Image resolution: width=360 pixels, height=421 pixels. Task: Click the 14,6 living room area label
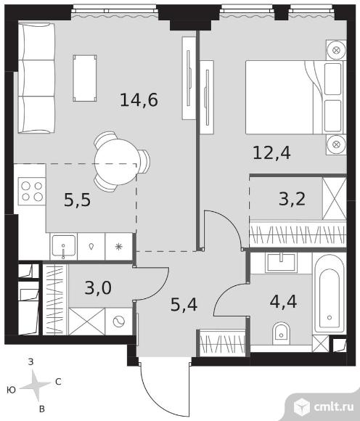click(x=139, y=100)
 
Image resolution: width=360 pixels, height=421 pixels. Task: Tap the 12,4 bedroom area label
click(x=271, y=153)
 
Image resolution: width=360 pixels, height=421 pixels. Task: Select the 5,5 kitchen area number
click(x=78, y=200)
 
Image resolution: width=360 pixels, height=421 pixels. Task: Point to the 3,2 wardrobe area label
click(x=292, y=199)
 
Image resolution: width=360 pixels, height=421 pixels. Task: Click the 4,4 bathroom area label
click(x=283, y=301)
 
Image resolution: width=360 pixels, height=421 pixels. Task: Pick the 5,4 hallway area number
click(x=184, y=305)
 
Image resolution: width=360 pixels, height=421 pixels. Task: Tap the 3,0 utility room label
click(x=98, y=287)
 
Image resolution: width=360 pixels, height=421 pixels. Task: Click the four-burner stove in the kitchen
click(x=32, y=191)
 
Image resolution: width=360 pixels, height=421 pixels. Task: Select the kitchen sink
click(x=64, y=246)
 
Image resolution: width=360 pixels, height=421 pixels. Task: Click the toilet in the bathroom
click(x=281, y=333)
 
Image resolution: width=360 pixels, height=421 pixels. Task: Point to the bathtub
click(x=330, y=293)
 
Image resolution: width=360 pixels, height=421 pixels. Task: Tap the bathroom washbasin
click(x=281, y=262)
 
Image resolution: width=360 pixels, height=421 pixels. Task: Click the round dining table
click(x=116, y=162)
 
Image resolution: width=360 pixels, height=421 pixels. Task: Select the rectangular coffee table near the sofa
click(x=85, y=78)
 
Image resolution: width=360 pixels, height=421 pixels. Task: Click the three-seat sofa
click(x=36, y=78)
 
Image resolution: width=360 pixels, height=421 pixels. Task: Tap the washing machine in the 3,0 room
click(x=119, y=322)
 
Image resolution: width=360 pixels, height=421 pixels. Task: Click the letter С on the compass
click(x=58, y=382)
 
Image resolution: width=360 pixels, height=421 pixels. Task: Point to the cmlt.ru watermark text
click(x=333, y=406)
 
